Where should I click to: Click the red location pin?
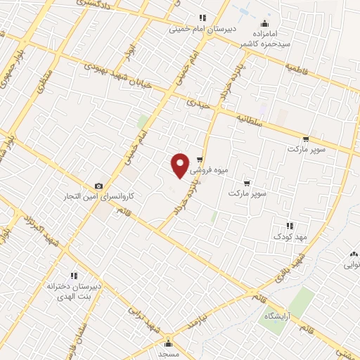[181, 165]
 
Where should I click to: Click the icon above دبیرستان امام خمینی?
[202, 18]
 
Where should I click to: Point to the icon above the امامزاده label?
[264, 22]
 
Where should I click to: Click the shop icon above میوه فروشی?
[200, 160]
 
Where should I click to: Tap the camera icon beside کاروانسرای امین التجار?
[98, 186]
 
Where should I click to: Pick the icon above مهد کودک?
[290, 226]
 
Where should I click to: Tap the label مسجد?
[169, 355]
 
